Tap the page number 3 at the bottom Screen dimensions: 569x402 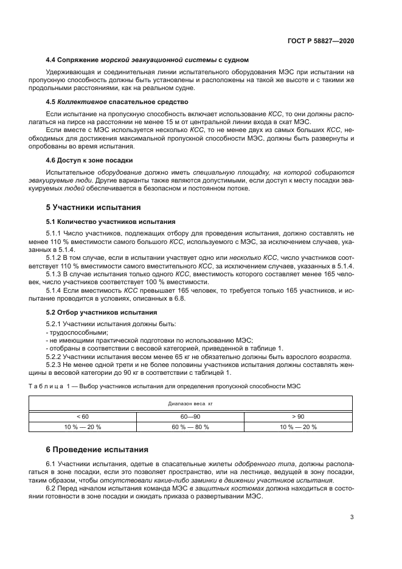(352, 517)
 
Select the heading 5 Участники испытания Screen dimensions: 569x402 (92, 207)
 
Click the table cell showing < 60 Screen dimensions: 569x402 (83, 416)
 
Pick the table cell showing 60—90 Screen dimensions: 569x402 (190, 416)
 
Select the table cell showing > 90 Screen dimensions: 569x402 (298, 416)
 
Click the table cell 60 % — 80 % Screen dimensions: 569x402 (190, 427)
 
